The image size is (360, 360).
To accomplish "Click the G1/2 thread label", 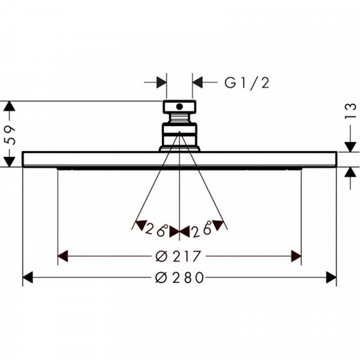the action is (x=247, y=83).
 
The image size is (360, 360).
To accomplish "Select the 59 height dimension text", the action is (x=10, y=135).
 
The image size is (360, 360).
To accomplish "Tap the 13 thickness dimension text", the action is (x=350, y=111).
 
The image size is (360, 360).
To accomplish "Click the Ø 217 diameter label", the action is (x=178, y=256).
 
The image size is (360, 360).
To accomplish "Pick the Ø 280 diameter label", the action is (x=179, y=277).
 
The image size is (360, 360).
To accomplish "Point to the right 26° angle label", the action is (x=202, y=229).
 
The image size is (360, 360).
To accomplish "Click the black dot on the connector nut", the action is (x=179, y=107).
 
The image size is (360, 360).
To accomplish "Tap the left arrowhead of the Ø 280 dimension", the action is (x=28, y=277).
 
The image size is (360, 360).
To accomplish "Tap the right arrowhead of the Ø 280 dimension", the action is (x=331, y=277).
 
